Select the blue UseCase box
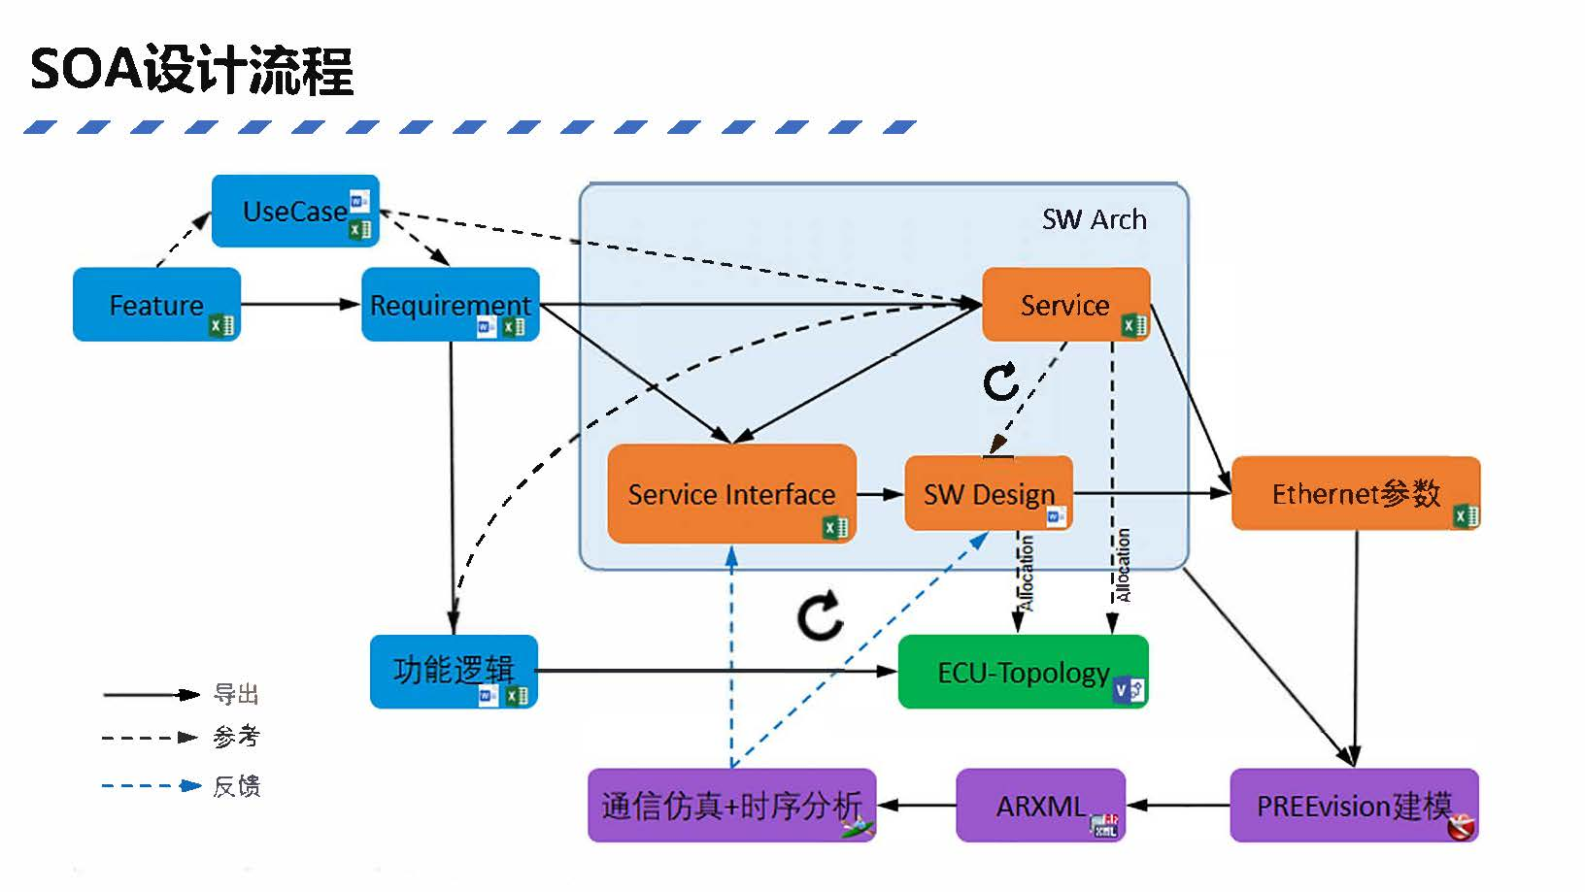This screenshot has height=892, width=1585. [295, 211]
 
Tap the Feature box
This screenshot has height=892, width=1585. [156, 304]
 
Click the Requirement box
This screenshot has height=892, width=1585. [451, 304]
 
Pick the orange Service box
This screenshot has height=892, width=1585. [1065, 304]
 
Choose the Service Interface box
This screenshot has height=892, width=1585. [731, 494]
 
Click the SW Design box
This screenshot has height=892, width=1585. [989, 493]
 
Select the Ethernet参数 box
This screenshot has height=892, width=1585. [1356, 493]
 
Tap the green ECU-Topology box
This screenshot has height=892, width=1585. [1024, 672]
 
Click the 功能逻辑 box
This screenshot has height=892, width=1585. [454, 672]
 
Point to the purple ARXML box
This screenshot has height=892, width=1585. [1040, 805]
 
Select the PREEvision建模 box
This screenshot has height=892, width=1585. [1354, 805]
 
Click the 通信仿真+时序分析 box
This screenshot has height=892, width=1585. [731, 805]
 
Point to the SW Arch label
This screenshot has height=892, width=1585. [1094, 219]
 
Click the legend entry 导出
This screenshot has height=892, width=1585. [236, 694]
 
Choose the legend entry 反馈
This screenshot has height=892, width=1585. [236, 786]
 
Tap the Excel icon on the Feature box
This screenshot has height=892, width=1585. [221, 325]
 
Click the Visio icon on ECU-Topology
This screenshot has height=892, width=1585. [1130, 690]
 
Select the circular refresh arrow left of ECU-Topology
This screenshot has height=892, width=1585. [820, 615]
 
